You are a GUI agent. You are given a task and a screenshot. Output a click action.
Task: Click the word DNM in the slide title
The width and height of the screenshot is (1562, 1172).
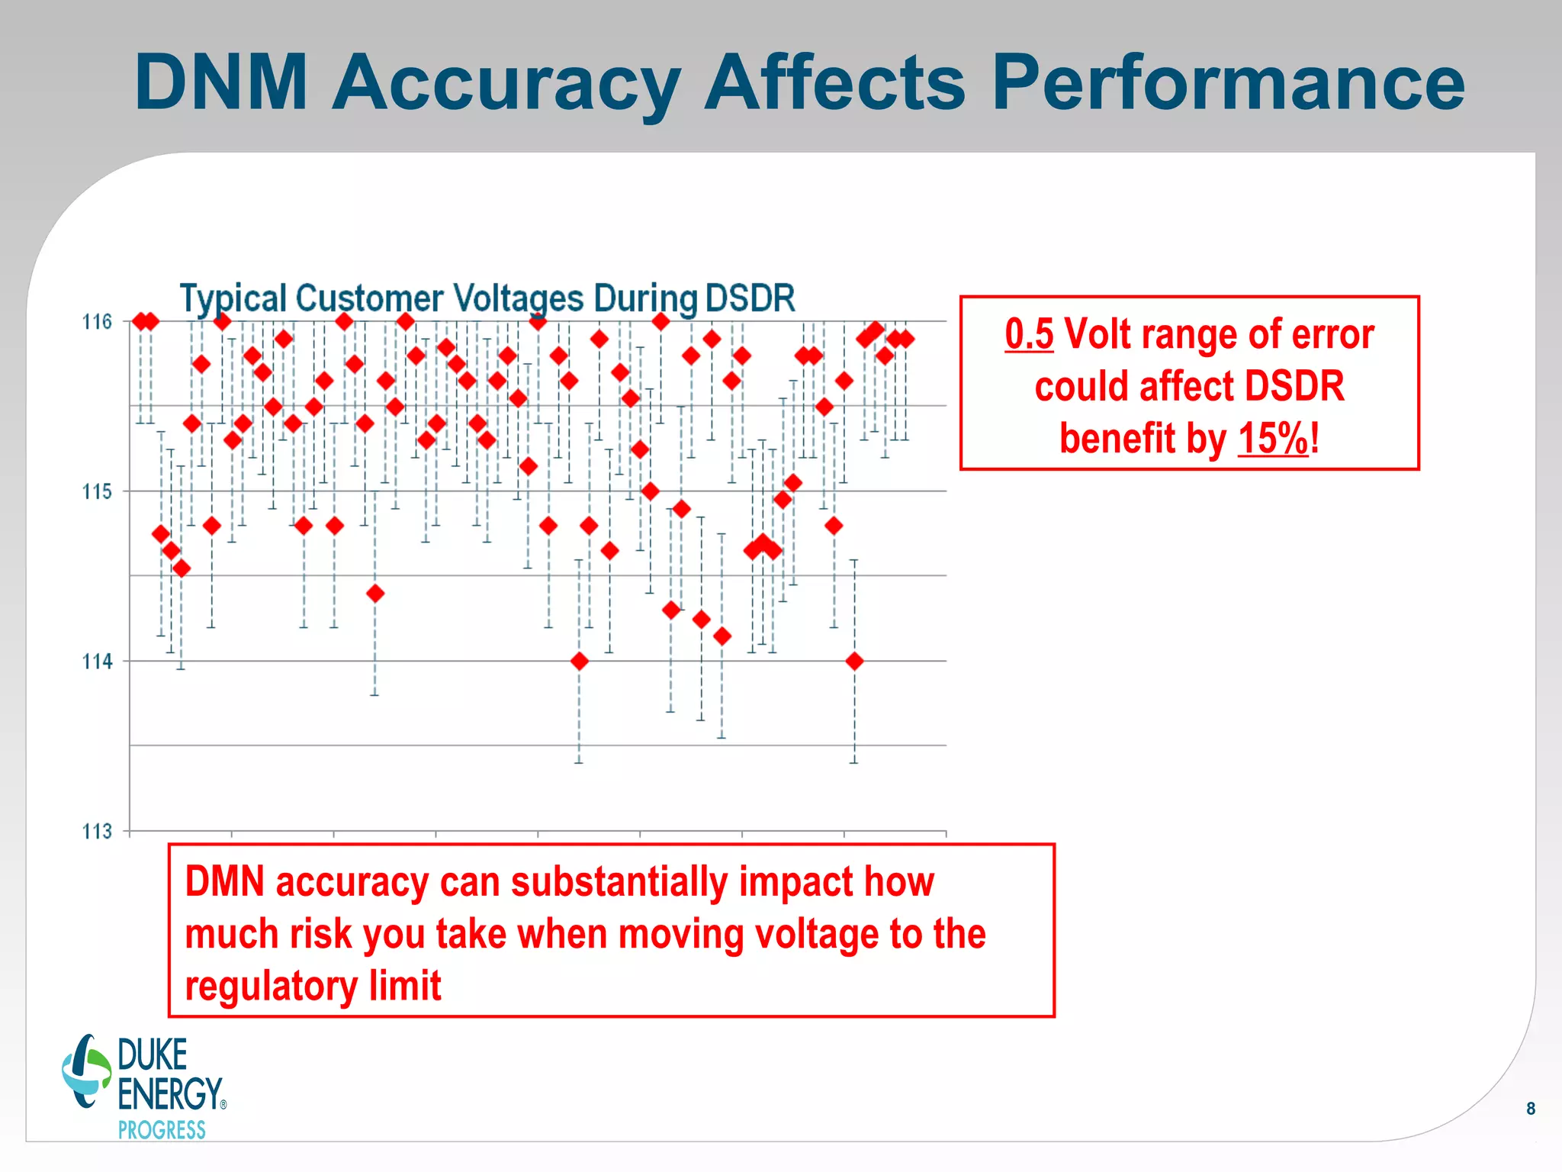[x=221, y=82]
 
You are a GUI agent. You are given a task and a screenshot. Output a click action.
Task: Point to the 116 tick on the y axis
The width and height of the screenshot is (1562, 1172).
[x=97, y=322]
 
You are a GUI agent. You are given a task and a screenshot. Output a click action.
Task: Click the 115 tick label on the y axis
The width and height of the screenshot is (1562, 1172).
[x=97, y=491]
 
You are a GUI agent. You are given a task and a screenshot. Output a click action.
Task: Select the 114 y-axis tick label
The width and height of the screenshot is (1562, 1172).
[x=97, y=662]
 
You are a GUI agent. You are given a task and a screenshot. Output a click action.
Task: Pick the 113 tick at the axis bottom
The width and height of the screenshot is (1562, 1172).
[x=97, y=831]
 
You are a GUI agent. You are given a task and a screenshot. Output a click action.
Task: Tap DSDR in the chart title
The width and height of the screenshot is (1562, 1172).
[x=750, y=298]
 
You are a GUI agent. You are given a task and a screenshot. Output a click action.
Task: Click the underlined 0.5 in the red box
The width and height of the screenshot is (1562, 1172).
[x=1029, y=334]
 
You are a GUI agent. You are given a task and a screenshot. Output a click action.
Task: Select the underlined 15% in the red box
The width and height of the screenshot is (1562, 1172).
[x=1273, y=439]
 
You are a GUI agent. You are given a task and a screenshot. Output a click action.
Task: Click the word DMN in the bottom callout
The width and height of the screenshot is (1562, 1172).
[x=225, y=882]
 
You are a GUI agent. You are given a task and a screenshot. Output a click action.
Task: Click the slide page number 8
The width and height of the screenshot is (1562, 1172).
[x=1531, y=1109]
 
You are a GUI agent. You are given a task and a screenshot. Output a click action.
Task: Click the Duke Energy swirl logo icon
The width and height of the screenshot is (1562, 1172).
[x=86, y=1071]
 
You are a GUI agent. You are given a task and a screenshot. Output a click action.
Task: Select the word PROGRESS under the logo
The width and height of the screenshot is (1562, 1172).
[x=162, y=1130]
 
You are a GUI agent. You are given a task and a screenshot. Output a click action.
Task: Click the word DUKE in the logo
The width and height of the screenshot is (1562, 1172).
[x=153, y=1055]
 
